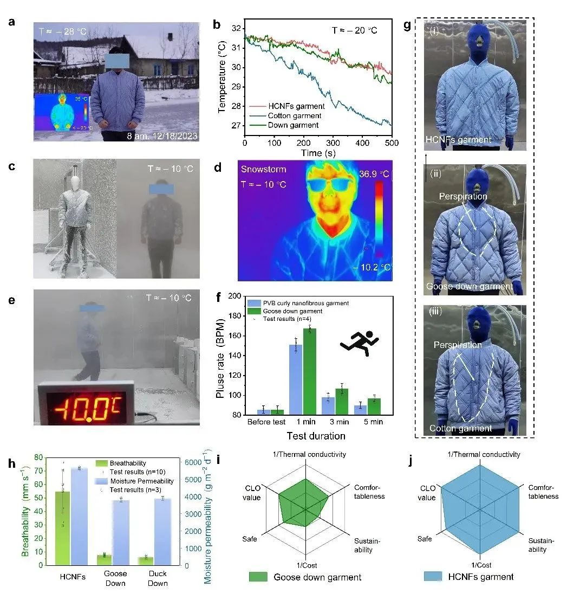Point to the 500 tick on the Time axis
pos(392,143)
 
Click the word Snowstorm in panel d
pos(264,169)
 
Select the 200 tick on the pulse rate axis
pos(236,296)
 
